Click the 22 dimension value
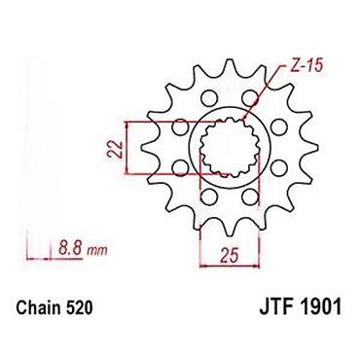pos(115,150)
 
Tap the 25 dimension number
pos(230,255)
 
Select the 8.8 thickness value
pos(70,249)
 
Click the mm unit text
pos(96,251)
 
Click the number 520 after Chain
pos(80,307)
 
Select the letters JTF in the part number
pos(276,306)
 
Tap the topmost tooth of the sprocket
pos(230,66)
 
